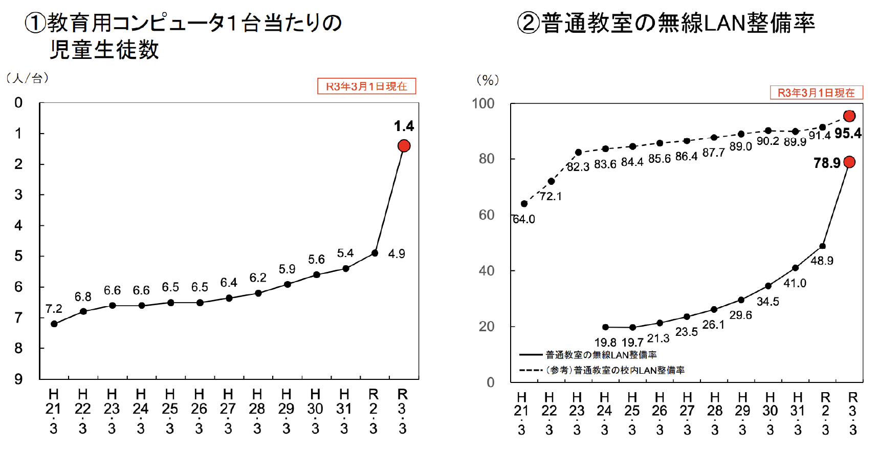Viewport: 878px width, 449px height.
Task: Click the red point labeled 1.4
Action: click(404, 146)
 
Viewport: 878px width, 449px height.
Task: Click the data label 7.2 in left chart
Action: click(54, 309)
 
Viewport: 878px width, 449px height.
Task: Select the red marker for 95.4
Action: click(849, 116)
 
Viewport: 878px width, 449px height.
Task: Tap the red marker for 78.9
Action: click(849, 162)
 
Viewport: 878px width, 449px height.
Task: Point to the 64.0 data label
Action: click(524, 220)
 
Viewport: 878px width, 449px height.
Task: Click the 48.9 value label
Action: click(822, 261)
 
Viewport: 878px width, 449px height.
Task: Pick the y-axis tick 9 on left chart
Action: click(19, 379)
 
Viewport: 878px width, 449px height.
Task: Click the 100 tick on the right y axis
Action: click(483, 104)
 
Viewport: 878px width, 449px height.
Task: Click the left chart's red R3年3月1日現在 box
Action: click(366, 87)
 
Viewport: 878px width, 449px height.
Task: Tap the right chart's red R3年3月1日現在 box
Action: click(816, 93)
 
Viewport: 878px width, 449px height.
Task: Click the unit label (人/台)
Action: click(28, 78)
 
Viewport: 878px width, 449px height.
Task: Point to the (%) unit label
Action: click(487, 80)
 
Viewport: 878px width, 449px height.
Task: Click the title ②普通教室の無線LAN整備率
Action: click(665, 23)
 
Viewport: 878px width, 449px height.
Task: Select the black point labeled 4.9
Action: click(375, 253)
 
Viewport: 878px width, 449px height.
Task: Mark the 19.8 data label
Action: click(605, 343)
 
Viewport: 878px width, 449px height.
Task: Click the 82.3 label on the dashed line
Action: click(578, 167)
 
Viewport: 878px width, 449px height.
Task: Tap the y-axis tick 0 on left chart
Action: click(19, 103)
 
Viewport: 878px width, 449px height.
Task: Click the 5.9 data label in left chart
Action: click(287, 269)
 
